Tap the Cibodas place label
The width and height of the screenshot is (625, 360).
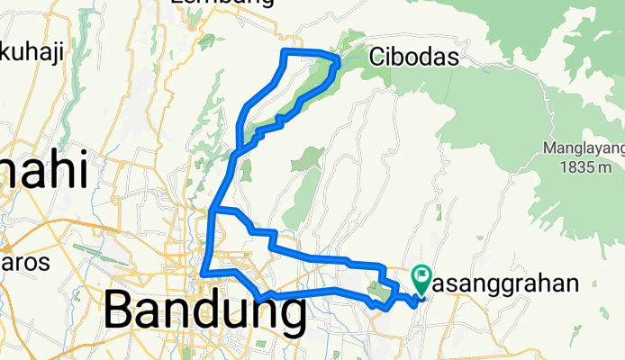(414, 58)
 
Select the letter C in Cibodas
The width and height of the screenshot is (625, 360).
(376, 58)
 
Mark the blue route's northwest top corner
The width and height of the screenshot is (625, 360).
(286, 51)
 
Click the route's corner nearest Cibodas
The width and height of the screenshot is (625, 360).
(338, 59)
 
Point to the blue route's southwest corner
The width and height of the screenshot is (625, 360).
(204, 271)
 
